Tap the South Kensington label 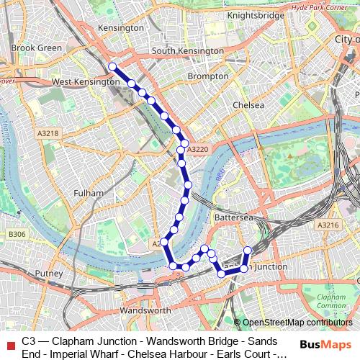[187, 52]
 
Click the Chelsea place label [248, 104]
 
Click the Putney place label [49, 274]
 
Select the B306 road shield [17, 235]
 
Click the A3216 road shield [328, 225]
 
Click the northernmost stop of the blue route [112, 67]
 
